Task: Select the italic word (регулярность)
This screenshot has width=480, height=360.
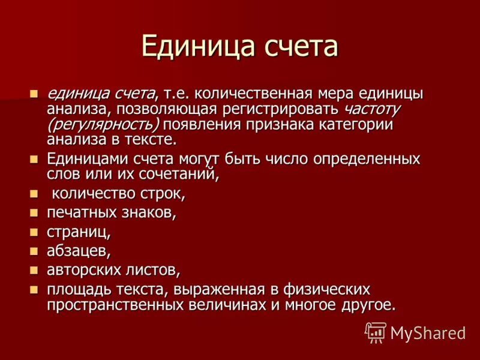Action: (103, 125)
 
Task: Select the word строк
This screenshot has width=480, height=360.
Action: (163, 194)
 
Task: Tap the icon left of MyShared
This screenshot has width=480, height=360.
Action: (376, 332)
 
